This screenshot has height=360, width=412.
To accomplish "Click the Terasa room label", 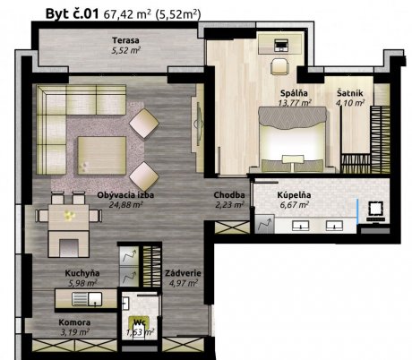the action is (x=125, y=40).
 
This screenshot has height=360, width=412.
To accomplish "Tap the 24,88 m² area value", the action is (x=125, y=205).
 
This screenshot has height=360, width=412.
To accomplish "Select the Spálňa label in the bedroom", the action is (x=294, y=93).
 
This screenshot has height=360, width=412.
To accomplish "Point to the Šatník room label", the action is (x=350, y=93).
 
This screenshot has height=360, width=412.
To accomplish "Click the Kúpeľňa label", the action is (x=294, y=195).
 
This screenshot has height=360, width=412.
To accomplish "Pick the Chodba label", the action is (x=229, y=195).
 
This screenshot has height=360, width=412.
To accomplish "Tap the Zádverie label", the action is (x=183, y=273).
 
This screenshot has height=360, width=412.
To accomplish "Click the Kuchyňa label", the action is (x=82, y=273).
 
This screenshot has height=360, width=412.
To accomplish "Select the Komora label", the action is (x=74, y=322).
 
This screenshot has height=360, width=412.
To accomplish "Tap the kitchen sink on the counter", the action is (x=87, y=299).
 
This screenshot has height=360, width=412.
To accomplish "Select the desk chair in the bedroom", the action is (x=280, y=66).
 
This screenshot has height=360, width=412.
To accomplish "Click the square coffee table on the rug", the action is (x=102, y=156).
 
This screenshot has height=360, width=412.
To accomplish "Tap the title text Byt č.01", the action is (x=72, y=13).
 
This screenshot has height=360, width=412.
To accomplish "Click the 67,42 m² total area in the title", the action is (x=127, y=14).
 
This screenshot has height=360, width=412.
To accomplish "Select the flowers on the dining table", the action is (x=69, y=215).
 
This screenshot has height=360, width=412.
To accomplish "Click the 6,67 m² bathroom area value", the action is (x=295, y=205).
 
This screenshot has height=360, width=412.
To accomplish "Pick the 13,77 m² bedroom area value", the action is (x=295, y=103).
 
